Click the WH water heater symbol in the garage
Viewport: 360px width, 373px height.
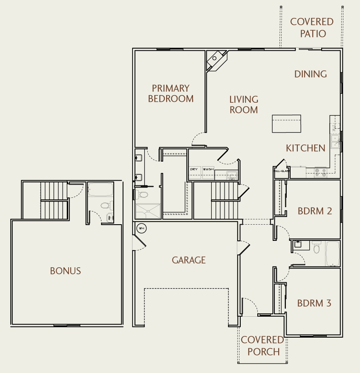[x=141, y=228]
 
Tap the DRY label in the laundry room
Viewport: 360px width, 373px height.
[x=194, y=169]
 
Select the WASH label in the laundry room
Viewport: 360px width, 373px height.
[x=208, y=169]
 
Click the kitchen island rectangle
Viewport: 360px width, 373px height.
[x=286, y=124]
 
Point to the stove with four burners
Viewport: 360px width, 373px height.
[x=320, y=172]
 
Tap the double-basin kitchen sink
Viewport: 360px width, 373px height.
[x=335, y=142]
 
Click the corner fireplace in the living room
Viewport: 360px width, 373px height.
[x=216, y=59]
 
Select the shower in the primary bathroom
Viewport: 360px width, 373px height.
[x=148, y=211]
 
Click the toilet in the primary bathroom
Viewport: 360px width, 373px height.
[x=142, y=195]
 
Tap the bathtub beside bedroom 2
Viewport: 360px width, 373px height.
[x=332, y=253]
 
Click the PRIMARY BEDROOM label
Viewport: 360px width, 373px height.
[x=170, y=93]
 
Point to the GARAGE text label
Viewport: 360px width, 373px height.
[x=189, y=260]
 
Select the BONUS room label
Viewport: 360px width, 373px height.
[x=65, y=271]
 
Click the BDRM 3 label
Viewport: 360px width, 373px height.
[x=314, y=304]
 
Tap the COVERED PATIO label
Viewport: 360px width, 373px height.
[x=312, y=27]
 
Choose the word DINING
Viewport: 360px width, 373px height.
[x=311, y=74]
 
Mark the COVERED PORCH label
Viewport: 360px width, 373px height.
[x=262, y=346]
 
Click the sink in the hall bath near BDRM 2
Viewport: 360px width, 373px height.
[x=299, y=245]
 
